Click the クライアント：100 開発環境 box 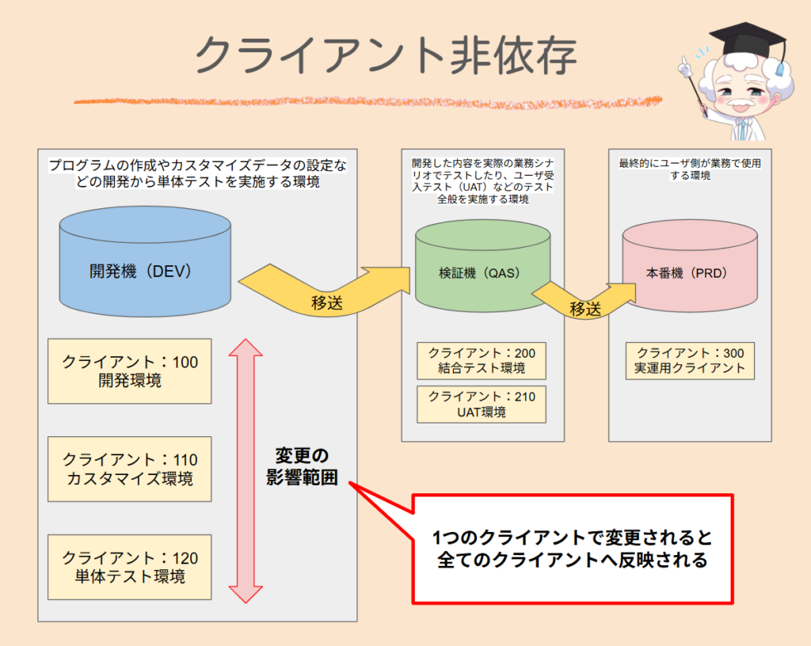(x=130, y=371)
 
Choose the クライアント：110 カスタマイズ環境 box (x=130, y=469)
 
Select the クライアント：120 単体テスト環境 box (x=130, y=567)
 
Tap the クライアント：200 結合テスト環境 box (x=482, y=361)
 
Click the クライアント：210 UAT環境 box (x=482, y=404)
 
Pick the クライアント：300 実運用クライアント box (x=689, y=361)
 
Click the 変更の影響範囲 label (x=302, y=467)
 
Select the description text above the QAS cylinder (x=482, y=181)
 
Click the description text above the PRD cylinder (x=689, y=169)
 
